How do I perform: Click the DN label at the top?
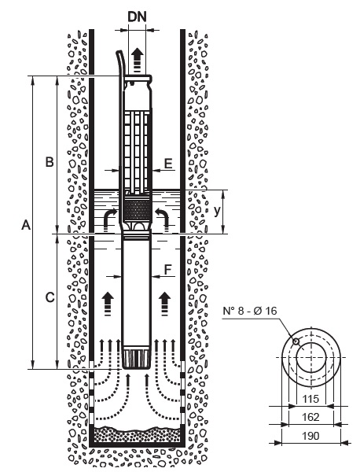click(x=137, y=17)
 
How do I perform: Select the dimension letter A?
click(x=26, y=224)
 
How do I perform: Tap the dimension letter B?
click(x=50, y=161)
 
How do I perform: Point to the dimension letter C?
click(x=50, y=297)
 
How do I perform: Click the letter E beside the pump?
click(x=168, y=164)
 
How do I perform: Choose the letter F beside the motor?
click(x=168, y=270)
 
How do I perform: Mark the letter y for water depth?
click(x=217, y=212)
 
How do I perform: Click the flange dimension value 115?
click(x=310, y=399)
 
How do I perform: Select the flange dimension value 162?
click(x=310, y=417)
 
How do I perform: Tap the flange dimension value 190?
click(x=310, y=436)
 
